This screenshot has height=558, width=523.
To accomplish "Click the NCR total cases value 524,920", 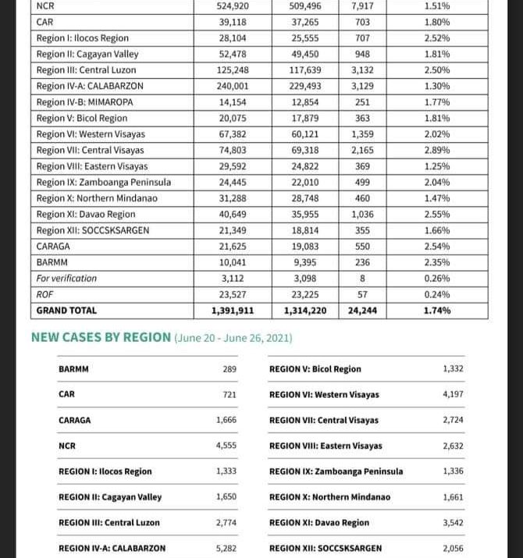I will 232,6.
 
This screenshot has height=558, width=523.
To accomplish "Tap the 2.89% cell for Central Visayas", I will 437,150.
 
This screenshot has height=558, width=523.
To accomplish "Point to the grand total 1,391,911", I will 232,311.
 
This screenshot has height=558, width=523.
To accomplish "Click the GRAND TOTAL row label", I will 67,311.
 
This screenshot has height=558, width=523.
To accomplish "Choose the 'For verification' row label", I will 66,279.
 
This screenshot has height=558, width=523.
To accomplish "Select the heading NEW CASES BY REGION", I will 101,338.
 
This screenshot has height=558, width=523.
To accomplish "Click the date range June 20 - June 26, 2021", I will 233,339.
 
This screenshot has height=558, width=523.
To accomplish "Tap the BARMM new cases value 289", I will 229,369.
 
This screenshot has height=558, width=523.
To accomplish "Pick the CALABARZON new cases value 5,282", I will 226,549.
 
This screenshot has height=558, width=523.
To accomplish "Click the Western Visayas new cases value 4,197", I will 453,394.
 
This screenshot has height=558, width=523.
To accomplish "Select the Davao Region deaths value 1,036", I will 362,215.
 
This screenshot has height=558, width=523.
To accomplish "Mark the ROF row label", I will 44,294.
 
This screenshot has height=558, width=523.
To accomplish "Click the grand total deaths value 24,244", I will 362,311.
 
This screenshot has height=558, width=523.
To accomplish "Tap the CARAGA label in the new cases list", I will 75,421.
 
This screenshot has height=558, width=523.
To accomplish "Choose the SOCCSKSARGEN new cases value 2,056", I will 453,549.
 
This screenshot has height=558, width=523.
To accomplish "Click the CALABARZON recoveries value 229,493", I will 306,86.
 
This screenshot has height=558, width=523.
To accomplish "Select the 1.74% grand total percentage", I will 437,311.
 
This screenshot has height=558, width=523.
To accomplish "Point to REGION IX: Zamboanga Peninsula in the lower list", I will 336,471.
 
